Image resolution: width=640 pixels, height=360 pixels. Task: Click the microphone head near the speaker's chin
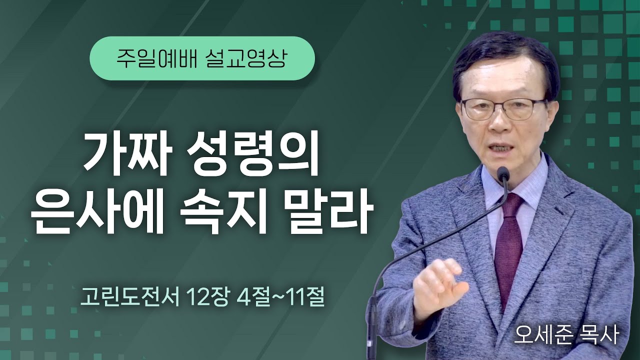503,174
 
